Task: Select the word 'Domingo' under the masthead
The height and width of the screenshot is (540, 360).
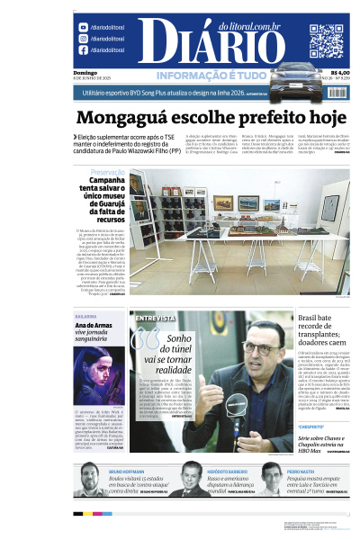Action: (x=85, y=72)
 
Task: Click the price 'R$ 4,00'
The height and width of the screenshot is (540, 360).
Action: (x=340, y=72)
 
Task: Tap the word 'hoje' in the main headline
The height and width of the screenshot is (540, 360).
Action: (x=326, y=117)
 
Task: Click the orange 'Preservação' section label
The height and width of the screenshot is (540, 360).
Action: (x=107, y=171)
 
